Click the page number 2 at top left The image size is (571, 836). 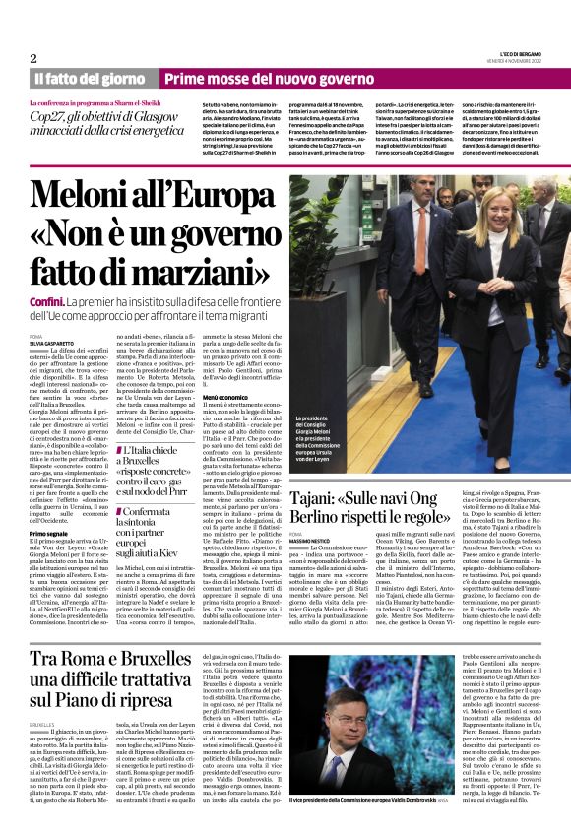[x=32, y=59]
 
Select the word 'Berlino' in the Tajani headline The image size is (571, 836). [x=326, y=520]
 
